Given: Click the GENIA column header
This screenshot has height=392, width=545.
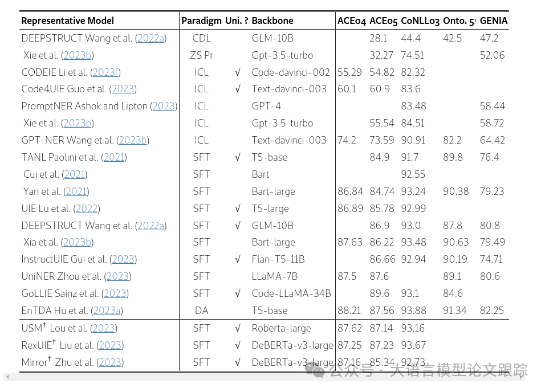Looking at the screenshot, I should (493, 21).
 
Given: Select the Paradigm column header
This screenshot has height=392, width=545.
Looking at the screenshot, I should (201, 21).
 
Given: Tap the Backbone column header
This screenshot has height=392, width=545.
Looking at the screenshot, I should (272, 21).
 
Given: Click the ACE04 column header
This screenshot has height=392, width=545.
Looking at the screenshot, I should (351, 21).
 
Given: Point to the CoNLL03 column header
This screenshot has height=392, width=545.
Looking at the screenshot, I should (420, 21).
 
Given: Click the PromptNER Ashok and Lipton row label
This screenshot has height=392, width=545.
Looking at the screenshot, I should (99, 106).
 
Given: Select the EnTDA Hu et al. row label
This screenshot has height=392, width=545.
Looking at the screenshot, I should (72, 311).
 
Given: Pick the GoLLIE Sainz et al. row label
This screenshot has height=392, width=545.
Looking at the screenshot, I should (75, 293).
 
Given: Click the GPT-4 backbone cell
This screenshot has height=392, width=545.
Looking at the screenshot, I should (266, 106).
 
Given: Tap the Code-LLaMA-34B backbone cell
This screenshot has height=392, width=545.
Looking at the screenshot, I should (291, 293).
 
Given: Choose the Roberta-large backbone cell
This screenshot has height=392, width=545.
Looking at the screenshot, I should (282, 328).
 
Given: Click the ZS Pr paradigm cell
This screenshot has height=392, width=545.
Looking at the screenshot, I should (201, 55).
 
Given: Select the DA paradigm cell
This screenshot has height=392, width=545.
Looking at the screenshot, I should (201, 311).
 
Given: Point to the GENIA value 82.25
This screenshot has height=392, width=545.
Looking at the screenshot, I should (492, 311).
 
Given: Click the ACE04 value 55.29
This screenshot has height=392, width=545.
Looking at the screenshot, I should (350, 72).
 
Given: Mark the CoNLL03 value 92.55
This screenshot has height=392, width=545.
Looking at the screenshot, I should (413, 174).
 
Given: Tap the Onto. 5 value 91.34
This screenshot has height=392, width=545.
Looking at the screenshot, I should (455, 311).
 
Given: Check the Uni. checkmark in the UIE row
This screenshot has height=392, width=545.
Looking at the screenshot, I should (237, 209).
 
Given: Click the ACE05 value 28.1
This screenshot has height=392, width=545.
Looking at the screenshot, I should (379, 38).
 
